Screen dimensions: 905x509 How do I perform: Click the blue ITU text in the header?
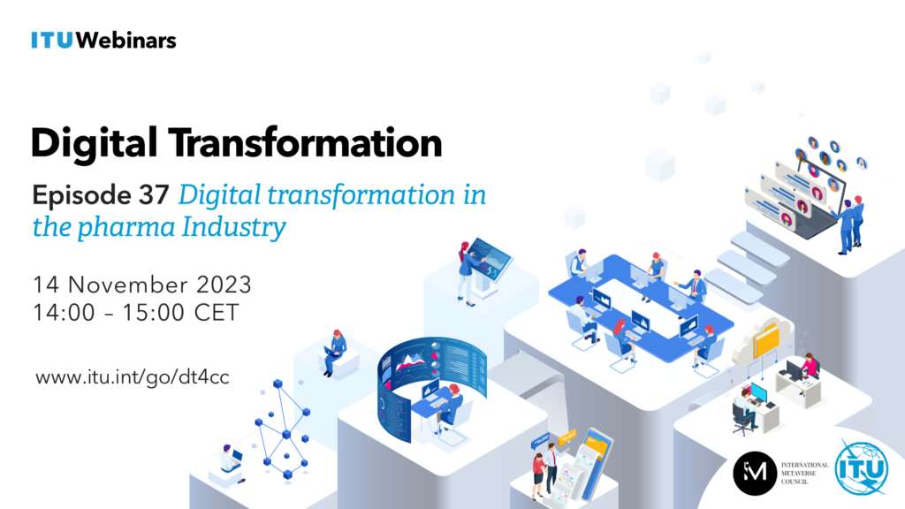tap(52, 41)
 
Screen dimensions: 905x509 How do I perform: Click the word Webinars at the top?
tap(125, 41)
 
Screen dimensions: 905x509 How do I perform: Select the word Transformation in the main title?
tap(305, 142)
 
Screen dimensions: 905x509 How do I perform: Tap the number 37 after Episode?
tap(154, 195)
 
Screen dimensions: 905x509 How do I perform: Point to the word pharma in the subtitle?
tap(126, 227)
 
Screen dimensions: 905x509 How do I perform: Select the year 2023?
tap(224, 285)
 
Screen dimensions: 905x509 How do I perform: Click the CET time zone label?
tap(217, 313)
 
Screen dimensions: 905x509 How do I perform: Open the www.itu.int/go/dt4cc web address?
tap(133, 377)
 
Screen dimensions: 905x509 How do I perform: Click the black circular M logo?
tap(755, 474)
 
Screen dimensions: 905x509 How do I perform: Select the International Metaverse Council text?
tap(804, 474)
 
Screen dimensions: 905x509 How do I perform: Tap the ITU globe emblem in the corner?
tap(862, 468)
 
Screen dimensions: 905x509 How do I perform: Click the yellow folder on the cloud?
tap(767, 339)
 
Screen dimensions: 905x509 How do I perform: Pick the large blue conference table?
tap(641, 307)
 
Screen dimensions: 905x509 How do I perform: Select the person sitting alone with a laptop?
tap(334, 353)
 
